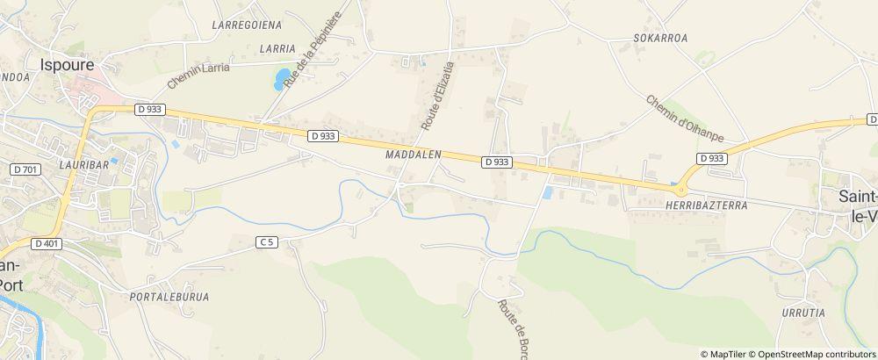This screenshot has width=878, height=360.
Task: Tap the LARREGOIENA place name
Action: (x=245, y=25)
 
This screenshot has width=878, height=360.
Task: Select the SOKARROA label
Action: (x=660, y=39)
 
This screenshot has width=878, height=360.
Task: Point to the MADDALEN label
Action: (x=412, y=154)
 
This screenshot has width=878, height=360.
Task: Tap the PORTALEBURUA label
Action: (x=169, y=297)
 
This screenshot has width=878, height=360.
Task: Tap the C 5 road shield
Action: (x=267, y=241)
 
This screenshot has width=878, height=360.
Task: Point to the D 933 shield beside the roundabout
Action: (x=711, y=158)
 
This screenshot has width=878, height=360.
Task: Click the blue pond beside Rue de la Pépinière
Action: (x=281, y=80)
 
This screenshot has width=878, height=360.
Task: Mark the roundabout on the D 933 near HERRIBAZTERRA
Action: (x=680, y=187)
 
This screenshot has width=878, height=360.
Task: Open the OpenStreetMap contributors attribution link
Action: (x=817, y=354)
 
